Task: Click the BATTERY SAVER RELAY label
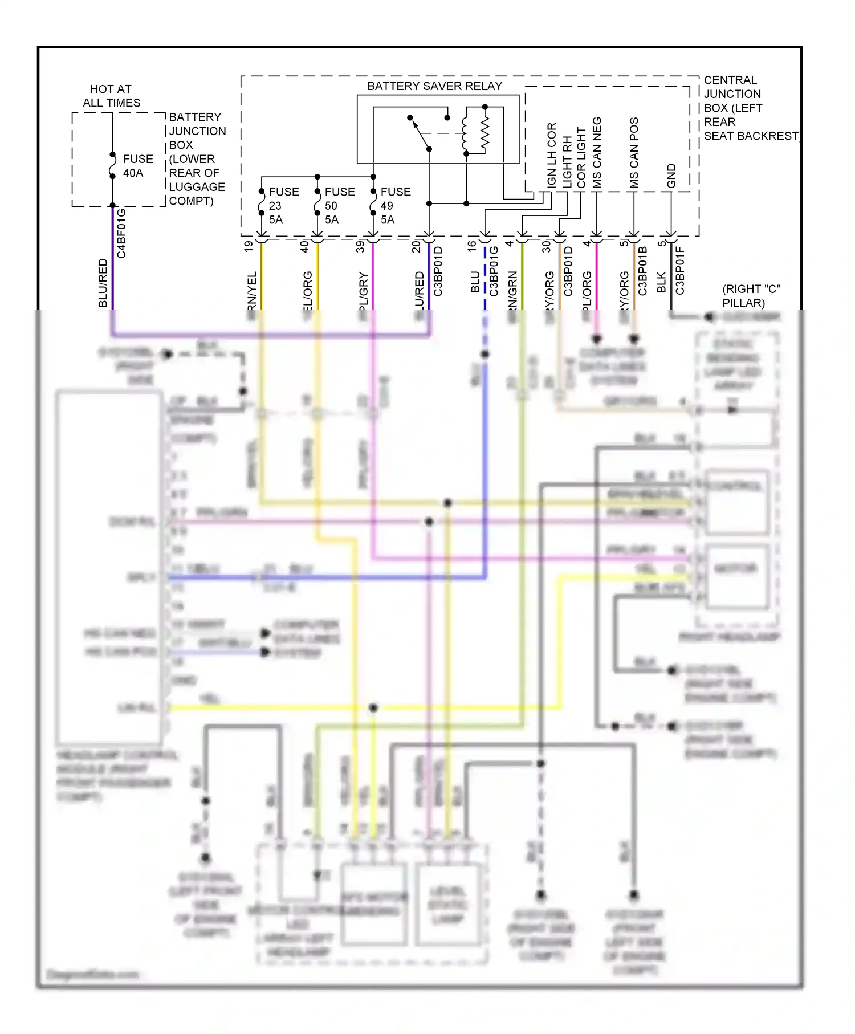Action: click(x=434, y=86)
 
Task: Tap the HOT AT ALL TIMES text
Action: click(x=111, y=96)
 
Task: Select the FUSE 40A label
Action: click(x=138, y=166)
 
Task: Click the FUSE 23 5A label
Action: click(x=283, y=206)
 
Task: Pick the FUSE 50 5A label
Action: click(x=339, y=206)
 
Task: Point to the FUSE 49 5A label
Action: click(x=395, y=206)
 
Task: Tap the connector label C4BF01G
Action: click(x=121, y=233)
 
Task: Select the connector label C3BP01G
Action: click(x=494, y=271)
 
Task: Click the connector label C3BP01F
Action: click(x=680, y=270)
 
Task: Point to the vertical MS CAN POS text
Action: click(x=634, y=153)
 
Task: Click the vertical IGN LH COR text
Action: click(x=551, y=154)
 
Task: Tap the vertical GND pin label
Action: click(x=671, y=176)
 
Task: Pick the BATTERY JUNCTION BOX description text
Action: click(x=197, y=158)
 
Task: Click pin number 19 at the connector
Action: click(x=249, y=246)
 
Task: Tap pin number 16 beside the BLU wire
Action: click(x=472, y=246)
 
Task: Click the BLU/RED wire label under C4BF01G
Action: click(x=103, y=283)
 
